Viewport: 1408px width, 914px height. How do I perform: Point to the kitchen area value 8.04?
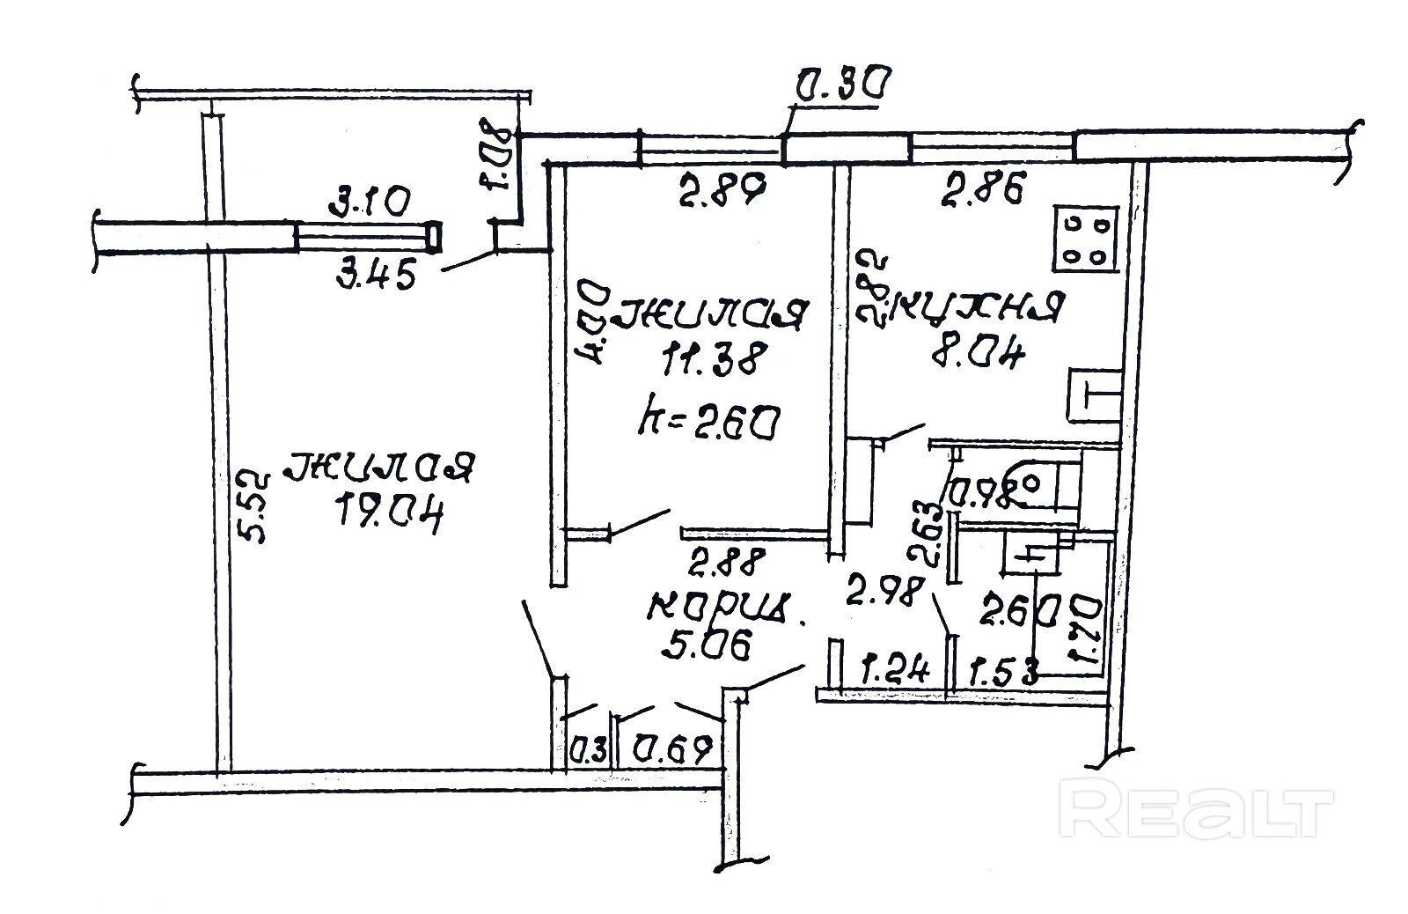(x=976, y=356)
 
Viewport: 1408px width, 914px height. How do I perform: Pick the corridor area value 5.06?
(x=707, y=646)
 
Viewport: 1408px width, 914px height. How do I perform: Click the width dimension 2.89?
(x=720, y=188)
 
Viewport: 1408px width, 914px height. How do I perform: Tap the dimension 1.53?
(x=1003, y=673)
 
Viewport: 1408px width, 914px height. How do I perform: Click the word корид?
(x=724, y=608)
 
